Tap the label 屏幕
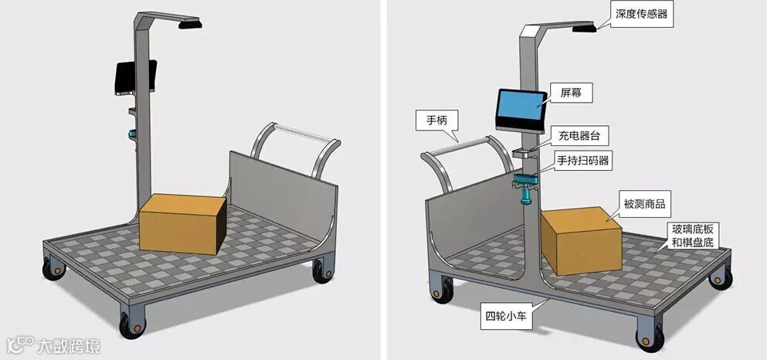(x=565, y=92)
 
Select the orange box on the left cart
(x=182, y=221)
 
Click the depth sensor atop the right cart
(x=584, y=29)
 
